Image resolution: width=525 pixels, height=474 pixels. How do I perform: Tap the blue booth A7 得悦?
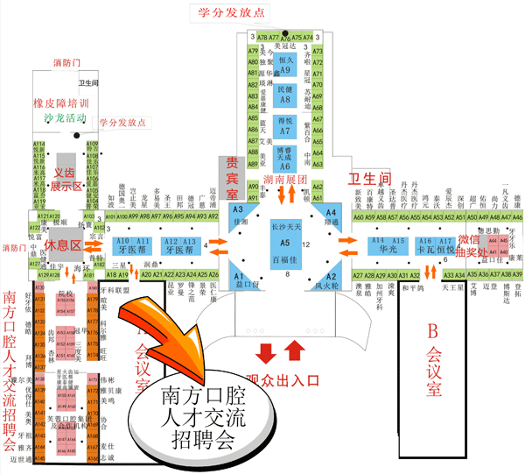285,124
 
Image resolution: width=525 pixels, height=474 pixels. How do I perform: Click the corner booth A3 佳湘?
239,216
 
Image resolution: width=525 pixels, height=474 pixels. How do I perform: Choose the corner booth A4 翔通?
330,217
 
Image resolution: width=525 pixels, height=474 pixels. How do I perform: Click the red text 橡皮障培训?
62,102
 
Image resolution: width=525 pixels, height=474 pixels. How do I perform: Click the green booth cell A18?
110,275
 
